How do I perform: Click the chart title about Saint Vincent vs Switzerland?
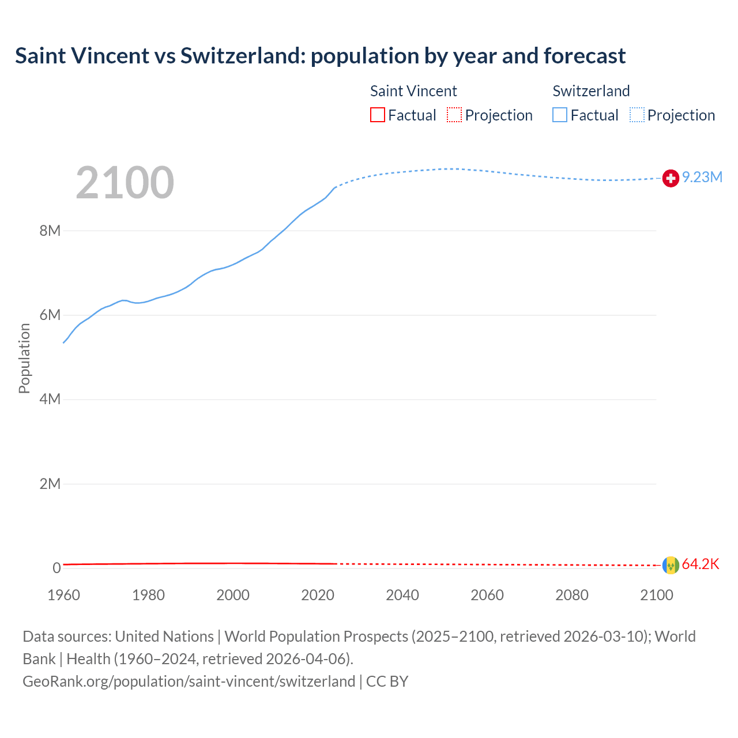click(x=320, y=56)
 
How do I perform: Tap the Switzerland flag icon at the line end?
click(x=671, y=179)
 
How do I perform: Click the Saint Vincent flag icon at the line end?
click(x=671, y=565)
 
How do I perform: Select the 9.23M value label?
click(x=702, y=177)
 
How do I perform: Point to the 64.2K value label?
click(x=701, y=564)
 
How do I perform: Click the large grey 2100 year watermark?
click(x=125, y=183)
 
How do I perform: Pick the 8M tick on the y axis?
click(x=50, y=231)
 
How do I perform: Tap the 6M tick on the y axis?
click(x=50, y=315)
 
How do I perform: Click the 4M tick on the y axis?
click(x=50, y=399)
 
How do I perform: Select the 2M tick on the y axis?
click(x=50, y=484)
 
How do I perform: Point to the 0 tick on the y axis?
click(x=57, y=568)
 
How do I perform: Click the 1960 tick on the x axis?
click(x=63, y=595)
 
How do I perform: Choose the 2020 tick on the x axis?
click(x=318, y=595)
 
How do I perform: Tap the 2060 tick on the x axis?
click(x=487, y=595)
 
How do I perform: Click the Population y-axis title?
click(x=24, y=358)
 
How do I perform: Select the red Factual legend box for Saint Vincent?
click(x=378, y=115)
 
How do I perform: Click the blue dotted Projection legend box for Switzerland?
click(x=637, y=115)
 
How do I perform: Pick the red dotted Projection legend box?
click(x=454, y=115)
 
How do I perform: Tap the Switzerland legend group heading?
click(x=591, y=91)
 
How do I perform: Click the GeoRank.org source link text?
click(x=189, y=681)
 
